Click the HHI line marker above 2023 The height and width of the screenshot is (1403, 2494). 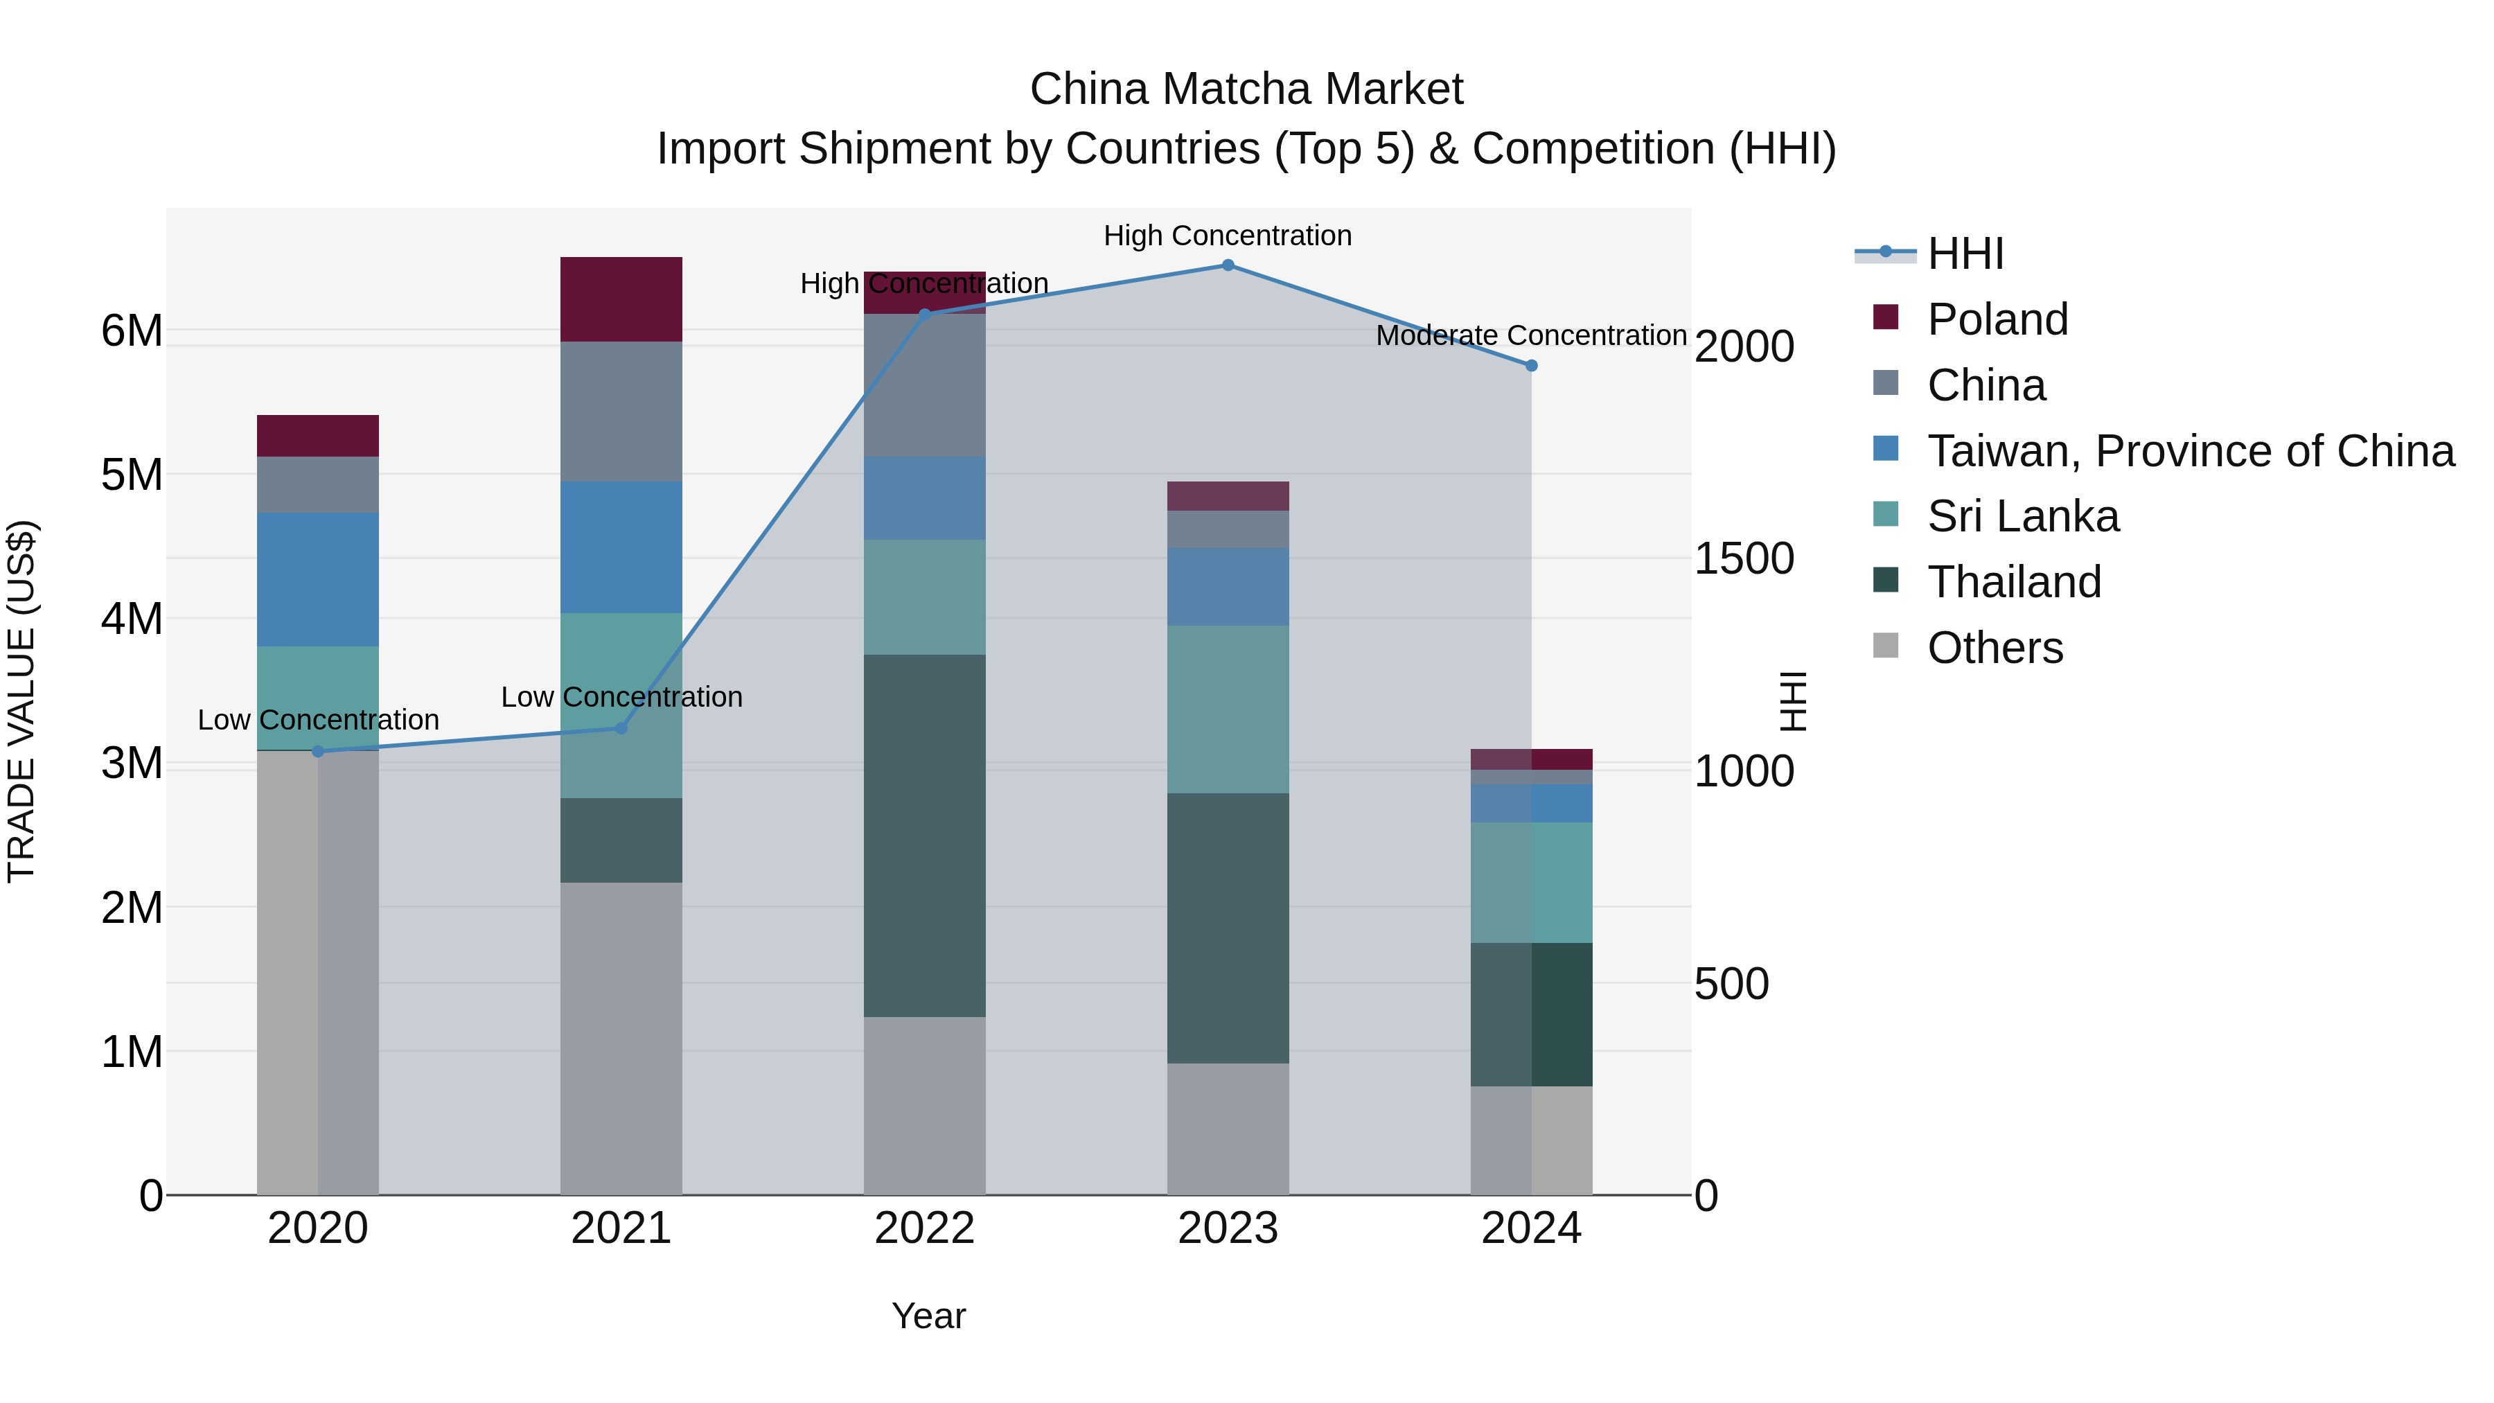pyautogui.click(x=1228, y=265)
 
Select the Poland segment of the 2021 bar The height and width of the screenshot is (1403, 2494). pyautogui.click(x=621, y=299)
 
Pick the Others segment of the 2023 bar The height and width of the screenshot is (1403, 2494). pyautogui.click(x=1228, y=1129)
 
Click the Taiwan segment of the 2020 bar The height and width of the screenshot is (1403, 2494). pyautogui.click(x=317, y=579)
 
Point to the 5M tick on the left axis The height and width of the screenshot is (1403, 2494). pyautogui.click(x=132, y=475)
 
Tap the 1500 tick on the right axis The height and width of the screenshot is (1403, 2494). pyautogui.click(x=1744, y=558)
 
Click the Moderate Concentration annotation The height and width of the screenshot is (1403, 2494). pyautogui.click(x=1530, y=335)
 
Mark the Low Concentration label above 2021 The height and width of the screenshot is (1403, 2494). pyautogui.click(x=621, y=697)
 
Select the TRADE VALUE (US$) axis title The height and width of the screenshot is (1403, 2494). pyautogui.click(x=21, y=701)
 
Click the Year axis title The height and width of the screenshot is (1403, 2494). pyautogui.click(x=928, y=1316)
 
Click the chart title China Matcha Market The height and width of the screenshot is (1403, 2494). pyautogui.click(x=1246, y=89)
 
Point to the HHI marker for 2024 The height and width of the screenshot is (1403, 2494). pyautogui.click(x=1530, y=365)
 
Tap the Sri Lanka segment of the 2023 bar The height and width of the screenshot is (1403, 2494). pyautogui.click(x=1228, y=709)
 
